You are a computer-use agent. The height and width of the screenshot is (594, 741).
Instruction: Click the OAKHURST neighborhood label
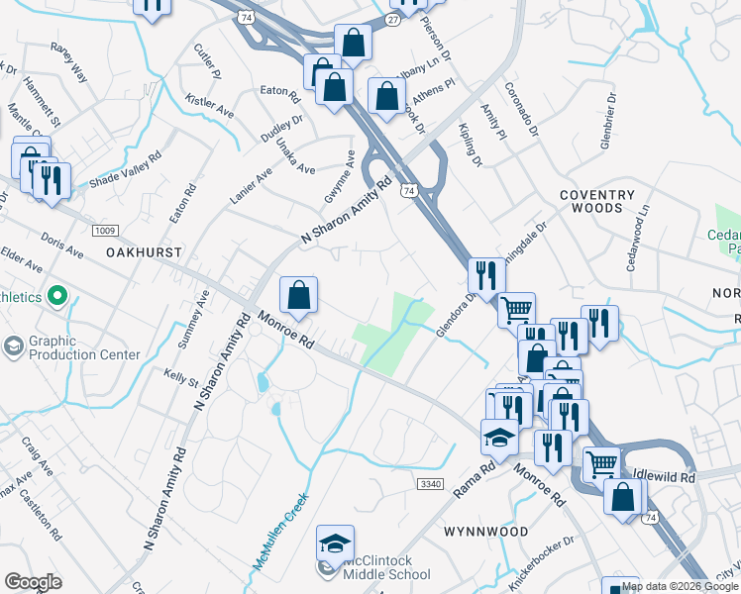click(x=144, y=252)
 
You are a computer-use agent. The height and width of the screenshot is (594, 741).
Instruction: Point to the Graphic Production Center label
click(x=84, y=347)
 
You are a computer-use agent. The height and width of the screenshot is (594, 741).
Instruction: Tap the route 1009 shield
click(x=104, y=231)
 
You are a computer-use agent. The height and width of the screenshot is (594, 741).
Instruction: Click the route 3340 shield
click(x=431, y=483)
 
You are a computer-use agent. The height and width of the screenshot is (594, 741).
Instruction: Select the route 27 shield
click(x=394, y=20)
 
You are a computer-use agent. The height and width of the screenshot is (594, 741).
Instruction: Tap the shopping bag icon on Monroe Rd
click(x=298, y=294)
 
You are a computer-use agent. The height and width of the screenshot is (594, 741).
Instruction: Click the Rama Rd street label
click(x=473, y=480)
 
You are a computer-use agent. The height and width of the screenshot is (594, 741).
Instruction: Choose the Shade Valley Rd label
click(x=125, y=170)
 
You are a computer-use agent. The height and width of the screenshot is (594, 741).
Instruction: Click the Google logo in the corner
click(x=33, y=582)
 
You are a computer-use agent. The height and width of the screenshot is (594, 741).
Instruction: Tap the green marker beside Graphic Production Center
click(x=57, y=295)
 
